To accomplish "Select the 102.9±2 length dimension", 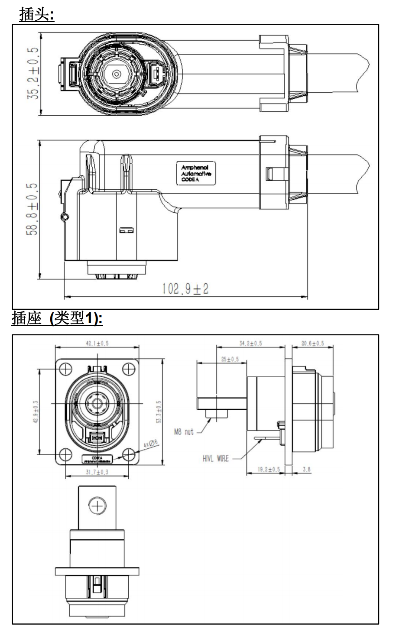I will (185, 289).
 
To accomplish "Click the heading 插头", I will (36, 16).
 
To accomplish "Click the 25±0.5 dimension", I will (230, 360).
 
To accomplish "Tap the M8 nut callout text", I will (184, 432).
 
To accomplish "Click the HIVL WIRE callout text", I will (215, 458).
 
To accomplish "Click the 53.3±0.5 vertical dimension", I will (159, 412).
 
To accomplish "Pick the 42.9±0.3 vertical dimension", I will (35, 412).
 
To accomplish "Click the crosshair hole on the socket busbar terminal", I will (97, 505).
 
